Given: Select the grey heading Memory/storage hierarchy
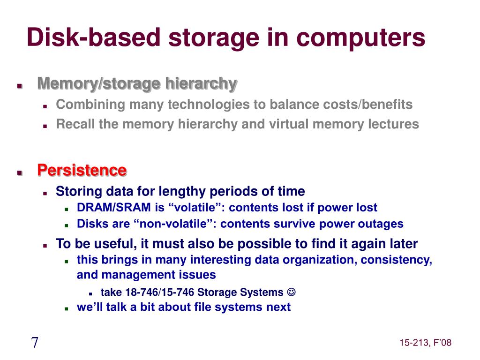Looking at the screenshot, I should pos(137,84).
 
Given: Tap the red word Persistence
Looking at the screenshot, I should pos(82,170).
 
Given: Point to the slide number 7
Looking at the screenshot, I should pos(35,343).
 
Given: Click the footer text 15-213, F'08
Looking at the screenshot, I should pos(426,343).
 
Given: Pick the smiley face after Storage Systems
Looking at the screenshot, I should pos(291,292).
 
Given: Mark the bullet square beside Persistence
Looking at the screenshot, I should pos(20,172).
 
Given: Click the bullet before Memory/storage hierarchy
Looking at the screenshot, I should pos(20,86).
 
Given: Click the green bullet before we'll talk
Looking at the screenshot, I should pos(67,308).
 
